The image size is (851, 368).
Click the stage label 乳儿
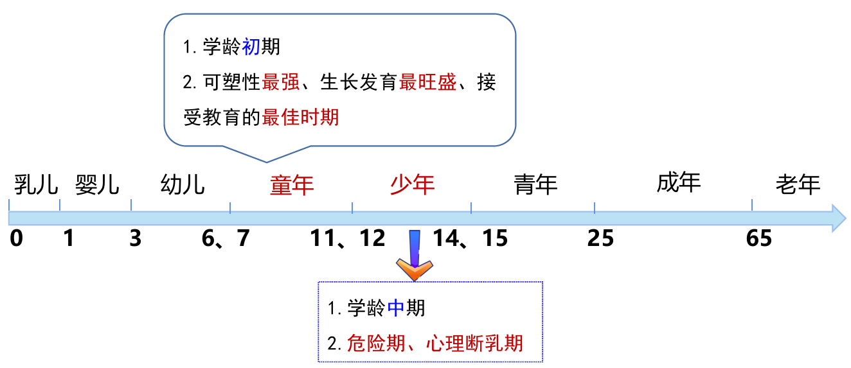(36, 184)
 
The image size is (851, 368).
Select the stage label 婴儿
(97, 184)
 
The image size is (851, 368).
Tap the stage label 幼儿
(183, 184)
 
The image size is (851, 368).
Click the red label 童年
(292, 186)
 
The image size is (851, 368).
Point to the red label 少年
(413, 184)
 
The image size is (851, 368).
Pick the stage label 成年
(679, 182)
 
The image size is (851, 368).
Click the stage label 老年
(798, 184)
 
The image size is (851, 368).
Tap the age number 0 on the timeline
(16, 238)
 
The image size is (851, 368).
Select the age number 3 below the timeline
(135, 238)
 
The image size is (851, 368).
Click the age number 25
(600, 238)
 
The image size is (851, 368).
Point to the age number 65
(759, 238)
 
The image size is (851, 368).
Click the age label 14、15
(470, 238)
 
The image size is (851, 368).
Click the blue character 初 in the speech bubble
(251, 47)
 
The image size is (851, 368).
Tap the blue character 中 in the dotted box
(396, 308)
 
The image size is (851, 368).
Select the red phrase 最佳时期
(300, 117)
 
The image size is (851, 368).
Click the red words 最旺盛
(428, 82)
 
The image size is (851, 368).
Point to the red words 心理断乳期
(474, 344)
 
